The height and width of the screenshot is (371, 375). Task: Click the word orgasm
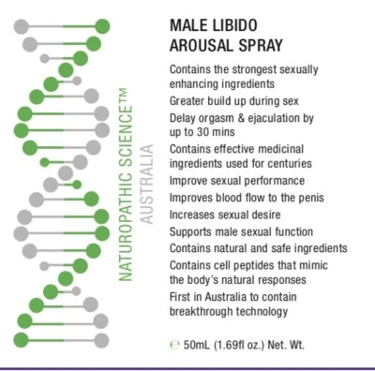click(x=221, y=119)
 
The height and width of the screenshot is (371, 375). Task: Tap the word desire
click(x=285, y=215)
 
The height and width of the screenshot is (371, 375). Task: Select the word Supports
click(x=191, y=231)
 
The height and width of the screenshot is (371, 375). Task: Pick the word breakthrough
click(x=203, y=313)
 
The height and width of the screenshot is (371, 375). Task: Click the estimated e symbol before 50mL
click(x=174, y=344)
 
